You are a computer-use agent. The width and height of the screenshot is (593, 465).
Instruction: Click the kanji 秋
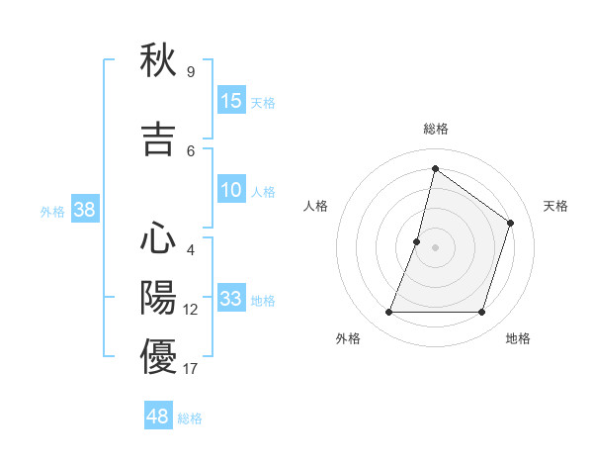coord(158,61)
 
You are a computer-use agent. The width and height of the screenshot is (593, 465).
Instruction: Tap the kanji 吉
coord(158,139)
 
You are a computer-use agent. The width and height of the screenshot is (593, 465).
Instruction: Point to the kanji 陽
coord(158,297)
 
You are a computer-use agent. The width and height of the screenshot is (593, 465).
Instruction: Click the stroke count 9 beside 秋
coord(190,72)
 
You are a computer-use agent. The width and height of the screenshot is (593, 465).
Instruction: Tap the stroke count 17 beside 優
coord(190,369)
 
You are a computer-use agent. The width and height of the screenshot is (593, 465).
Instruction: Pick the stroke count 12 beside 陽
coord(190,310)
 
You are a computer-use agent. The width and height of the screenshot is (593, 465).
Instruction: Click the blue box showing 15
coord(231,101)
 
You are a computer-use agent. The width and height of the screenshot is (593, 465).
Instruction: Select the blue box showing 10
coord(231,190)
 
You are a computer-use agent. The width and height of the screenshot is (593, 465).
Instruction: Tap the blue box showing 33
coord(231,299)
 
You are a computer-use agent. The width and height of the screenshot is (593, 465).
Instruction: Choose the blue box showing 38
coord(84,210)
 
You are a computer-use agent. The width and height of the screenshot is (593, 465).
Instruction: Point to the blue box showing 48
coord(158,417)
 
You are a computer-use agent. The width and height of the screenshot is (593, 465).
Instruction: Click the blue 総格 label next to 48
coord(190,418)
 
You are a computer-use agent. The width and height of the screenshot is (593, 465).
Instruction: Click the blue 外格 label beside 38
coord(52,212)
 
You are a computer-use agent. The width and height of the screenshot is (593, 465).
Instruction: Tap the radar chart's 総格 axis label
coord(435,129)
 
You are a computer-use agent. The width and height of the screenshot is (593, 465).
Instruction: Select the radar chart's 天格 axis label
coord(555,206)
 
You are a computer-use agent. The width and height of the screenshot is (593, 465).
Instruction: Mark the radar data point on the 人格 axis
coord(417,241)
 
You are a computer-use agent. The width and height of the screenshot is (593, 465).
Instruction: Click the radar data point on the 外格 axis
coord(388,313)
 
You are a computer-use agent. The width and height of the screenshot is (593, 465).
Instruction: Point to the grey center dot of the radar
coord(435,247)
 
